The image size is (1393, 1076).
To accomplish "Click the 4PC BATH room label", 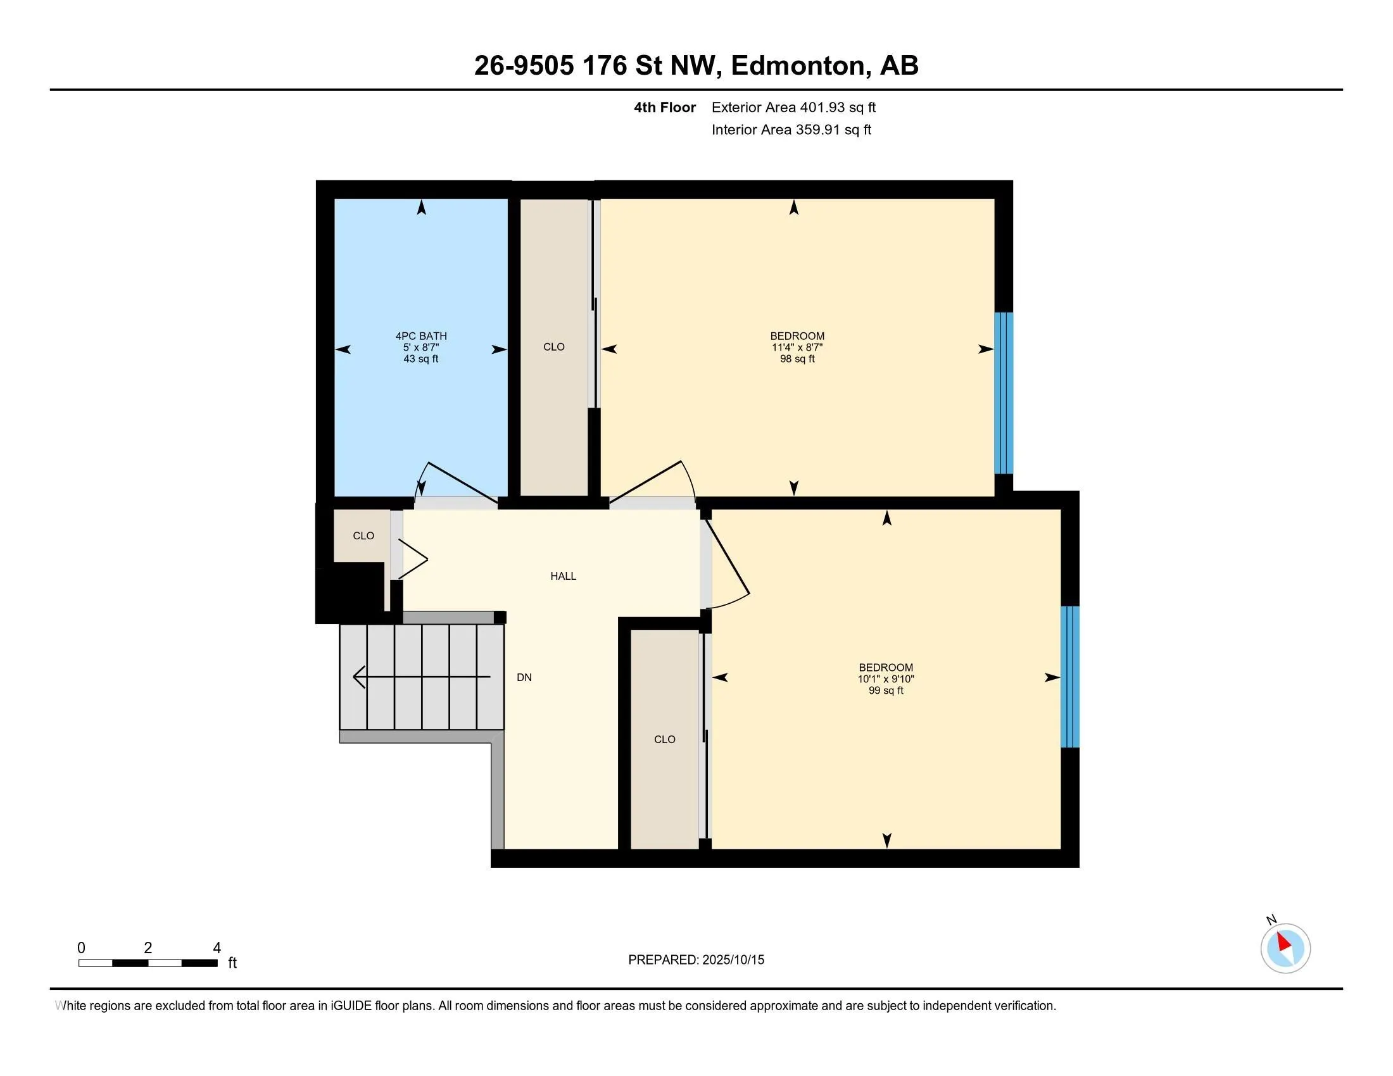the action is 421,336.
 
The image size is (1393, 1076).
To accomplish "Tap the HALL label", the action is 563,576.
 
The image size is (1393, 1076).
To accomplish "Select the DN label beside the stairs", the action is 524,678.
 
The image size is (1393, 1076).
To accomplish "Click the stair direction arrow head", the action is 359,677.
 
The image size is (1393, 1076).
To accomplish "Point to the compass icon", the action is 1285,948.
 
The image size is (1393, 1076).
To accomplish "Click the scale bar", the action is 148,963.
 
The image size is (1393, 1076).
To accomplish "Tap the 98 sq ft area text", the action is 797,359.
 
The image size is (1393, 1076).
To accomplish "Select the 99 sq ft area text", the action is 886,691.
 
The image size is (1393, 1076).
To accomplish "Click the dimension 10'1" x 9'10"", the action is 886,679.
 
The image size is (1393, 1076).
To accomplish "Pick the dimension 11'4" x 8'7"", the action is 797,347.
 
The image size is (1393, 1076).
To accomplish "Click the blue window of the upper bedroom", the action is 1004,392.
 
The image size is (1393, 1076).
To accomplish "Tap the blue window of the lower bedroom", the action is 1070,677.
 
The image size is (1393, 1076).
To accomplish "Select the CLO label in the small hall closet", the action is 363,536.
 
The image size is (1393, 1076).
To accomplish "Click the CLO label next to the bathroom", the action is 553,347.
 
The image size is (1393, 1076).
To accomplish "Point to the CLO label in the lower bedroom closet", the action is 665,739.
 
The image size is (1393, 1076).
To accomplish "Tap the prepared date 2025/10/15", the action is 732,960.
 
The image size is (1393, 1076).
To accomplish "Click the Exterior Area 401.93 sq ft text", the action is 793,108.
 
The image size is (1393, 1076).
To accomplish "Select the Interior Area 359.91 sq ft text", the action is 791,130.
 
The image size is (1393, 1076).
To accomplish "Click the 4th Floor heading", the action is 665,108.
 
